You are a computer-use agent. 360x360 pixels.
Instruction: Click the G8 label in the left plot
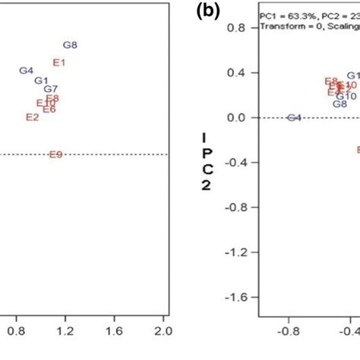click(x=70, y=46)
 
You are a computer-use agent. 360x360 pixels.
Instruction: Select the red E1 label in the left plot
click(x=59, y=62)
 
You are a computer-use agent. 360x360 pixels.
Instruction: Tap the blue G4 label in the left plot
click(x=26, y=71)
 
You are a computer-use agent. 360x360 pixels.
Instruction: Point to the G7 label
click(x=51, y=89)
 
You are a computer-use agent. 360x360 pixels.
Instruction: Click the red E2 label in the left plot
click(x=32, y=117)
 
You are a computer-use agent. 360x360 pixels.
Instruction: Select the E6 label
click(x=49, y=109)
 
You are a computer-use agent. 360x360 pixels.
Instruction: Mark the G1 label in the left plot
click(x=42, y=81)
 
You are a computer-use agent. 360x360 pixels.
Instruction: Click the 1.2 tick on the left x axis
click(x=65, y=331)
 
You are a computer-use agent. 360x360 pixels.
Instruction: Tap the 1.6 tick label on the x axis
click(x=114, y=331)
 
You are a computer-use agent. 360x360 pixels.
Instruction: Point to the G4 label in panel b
click(x=295, y=118)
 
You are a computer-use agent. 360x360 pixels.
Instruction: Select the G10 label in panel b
click(x=346, y=96)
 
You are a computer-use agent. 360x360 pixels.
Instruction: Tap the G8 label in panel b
click(x=340, y=105)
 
